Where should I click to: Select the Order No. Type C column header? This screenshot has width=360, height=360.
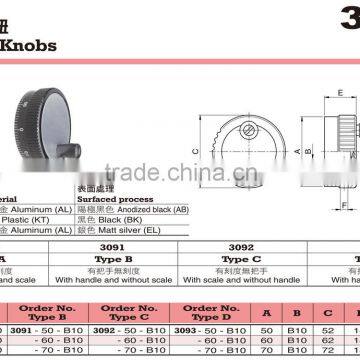tap(133, 314)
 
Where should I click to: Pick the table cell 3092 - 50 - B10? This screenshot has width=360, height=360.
tap(133, 329)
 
